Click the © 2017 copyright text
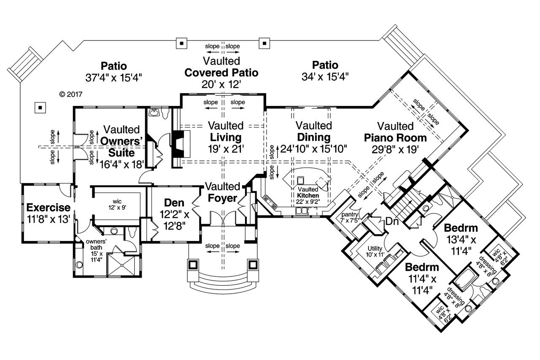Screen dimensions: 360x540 tap(70, 94)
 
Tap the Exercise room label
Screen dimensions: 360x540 tap(48, 208)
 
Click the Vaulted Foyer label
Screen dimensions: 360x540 tap(222, 192)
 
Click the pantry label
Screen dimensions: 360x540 tap(350, 215)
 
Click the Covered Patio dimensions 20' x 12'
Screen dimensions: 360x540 tap(221, 84)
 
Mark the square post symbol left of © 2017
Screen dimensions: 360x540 tap(40, 108)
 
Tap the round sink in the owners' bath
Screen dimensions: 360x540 tap(79, 265)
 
